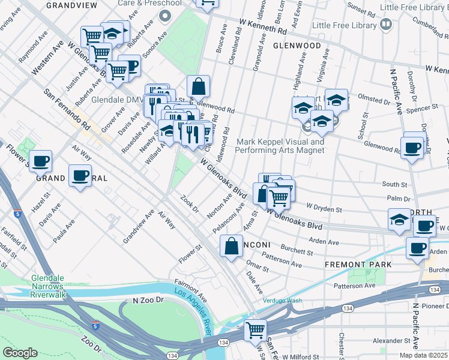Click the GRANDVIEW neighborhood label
coord(71,4)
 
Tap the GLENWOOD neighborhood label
coord(297,46)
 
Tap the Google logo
coord(20,353)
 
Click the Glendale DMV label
coord(115,100)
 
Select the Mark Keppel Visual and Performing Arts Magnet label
coord(280,146)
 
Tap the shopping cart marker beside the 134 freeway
coord(256,330)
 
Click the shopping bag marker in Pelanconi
coord(232,246)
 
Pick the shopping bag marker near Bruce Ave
coord(198,87)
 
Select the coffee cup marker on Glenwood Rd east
coord(412,148)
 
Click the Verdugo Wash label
coord(282,301)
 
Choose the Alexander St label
coord(390,340)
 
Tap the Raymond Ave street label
coord(32,50)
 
